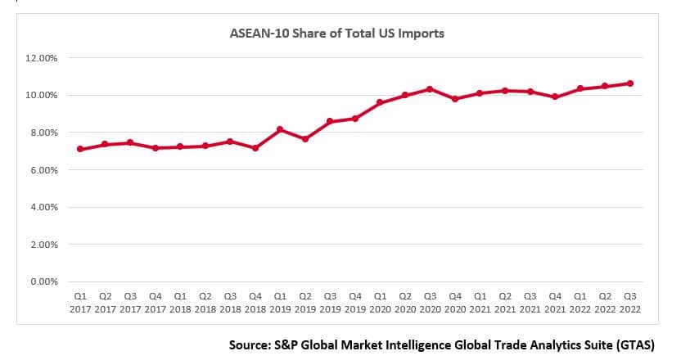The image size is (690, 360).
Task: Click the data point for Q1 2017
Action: click(x=80, y=149)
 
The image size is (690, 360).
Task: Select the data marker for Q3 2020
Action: click(x=431, y=88)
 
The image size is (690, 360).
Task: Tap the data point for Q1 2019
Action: click(x=280, y=129)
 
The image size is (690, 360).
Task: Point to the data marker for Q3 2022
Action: click(x=630, y=83)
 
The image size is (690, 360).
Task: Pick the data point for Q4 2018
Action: click(x=255, y=148)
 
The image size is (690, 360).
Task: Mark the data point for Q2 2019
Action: click(x=305, y=139)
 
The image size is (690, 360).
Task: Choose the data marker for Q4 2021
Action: click(x=555, y=97)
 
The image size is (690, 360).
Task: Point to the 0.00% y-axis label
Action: click(x=43, y=281)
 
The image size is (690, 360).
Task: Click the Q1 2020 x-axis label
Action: click(x=381, y=302)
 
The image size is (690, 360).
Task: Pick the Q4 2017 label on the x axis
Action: click(x=156, y=302)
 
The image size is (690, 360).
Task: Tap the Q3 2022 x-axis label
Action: click(x=630, y=302)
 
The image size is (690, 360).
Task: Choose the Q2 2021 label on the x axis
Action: click(x=505, y=302)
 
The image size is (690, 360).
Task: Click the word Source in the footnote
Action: click(x=249, y=344)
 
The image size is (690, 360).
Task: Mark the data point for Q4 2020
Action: click(x=455, y=99)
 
